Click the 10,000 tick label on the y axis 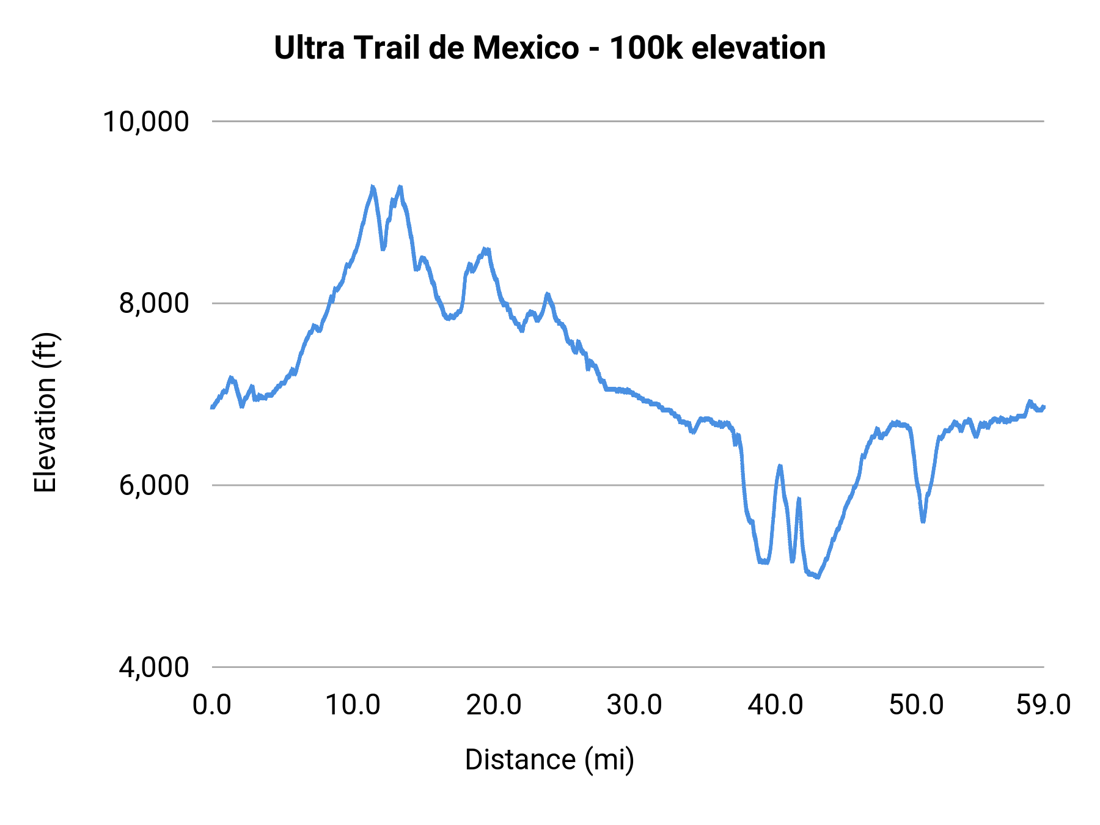pos(145,121)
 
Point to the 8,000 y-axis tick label pos(153,303)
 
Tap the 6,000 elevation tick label pos(153,485)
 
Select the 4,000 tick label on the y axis pos(153,667)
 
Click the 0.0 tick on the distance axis pos(211,705)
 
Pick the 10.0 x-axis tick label pos(353,705)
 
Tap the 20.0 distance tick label pos(494,705)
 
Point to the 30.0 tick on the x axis pos(634,705)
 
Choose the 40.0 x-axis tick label pos(776,705)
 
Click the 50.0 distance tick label pos(916,705)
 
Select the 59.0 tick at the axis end pos(1043,705)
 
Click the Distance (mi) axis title pos(549,760)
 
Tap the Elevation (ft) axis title pos(45,413)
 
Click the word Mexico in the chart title pos(525,48)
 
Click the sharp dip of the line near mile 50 pos(923,521)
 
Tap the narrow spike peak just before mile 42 pos(799,499)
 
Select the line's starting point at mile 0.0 pos(212,408)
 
